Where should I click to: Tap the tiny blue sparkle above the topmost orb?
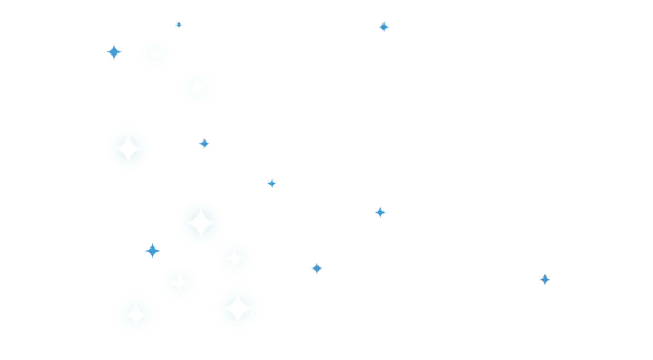179,25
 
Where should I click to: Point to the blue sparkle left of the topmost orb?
114,52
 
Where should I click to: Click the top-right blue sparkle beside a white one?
383,27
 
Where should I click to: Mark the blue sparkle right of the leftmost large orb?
204,143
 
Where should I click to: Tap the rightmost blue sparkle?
544,279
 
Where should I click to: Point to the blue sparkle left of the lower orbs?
152,251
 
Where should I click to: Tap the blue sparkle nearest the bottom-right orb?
317,268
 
